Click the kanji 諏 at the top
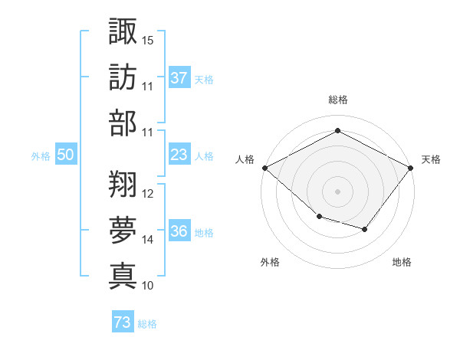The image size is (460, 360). [123, 31]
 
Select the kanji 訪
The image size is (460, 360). [123, 77]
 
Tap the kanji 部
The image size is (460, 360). [123, 123]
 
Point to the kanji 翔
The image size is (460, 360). [123, 184]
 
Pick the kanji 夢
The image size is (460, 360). [123, 230]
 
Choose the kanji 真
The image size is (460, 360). [123, 277]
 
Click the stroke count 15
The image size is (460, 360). [147, 41]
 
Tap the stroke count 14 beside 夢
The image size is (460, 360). [147, 240]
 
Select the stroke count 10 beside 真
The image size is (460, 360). [147, 286]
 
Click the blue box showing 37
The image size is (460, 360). [179, 77]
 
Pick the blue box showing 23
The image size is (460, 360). [179, 154]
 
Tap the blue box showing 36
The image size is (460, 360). [179, 230]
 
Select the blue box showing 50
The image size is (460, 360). [66, 154]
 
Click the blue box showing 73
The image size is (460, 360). [123, 321]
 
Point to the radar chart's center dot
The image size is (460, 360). [337, 191]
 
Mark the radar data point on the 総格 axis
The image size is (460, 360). [337, 130]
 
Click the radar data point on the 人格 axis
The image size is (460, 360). [265, 168]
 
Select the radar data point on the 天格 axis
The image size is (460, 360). [410, 168]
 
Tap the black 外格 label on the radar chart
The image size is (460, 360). [270, 262]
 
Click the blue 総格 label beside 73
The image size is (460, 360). [147, 324]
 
